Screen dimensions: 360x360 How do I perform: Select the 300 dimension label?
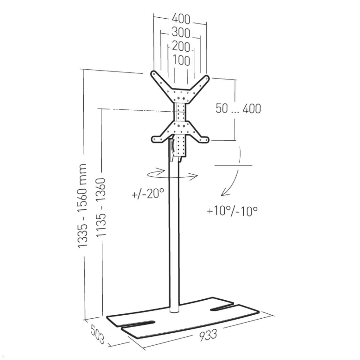[x=181, y=33]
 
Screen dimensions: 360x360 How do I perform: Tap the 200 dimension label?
[x=181, y=46]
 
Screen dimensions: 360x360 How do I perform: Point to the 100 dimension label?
[x=181, y=60]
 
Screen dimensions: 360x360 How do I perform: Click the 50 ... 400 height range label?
[x=238, y=108]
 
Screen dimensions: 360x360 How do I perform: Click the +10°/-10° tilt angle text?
[x=232, y=211]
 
